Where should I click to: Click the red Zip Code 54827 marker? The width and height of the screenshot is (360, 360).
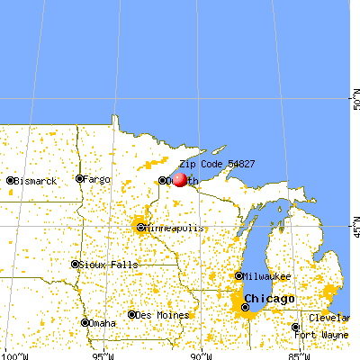pyautogui.click(x=179, y=179)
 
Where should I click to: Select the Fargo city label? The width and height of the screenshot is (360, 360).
pyautogui.click(x=97, y=179)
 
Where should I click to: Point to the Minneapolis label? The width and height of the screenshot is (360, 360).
pyautogui.click(x=175, y=229)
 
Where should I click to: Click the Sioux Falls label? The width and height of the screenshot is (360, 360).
pyautogui.click(x=105, y=265)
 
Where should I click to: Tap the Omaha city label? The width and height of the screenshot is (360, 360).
pyautogui.click(x=105, y=323)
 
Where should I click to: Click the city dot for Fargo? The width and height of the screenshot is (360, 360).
pyautogui.click(x=79, y=179)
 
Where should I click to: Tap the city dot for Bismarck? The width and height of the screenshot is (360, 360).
pyautogui.click(x=10, y=181)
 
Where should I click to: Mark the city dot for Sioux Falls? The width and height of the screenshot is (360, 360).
pyautogui.click(x=75, y=265)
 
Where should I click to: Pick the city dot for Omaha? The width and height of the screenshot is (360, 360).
pyautogui.click(x=85, y=323)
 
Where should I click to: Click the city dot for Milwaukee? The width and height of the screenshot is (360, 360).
pyautogui.click(x=238, y=276)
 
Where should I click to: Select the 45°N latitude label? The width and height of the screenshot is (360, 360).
pyautogui.click(x=354, y=221)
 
